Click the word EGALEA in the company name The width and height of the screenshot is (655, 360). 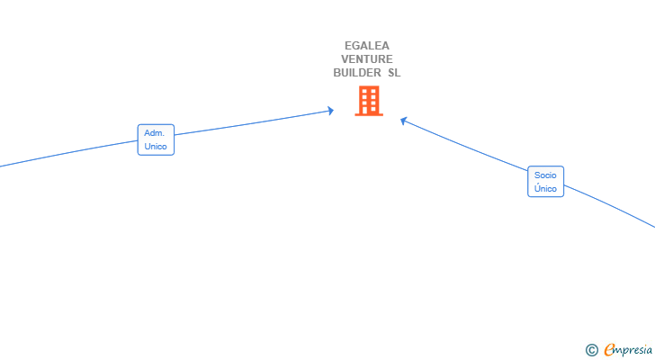tap(367, 46)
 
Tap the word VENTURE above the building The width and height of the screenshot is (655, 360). tap(367, 59)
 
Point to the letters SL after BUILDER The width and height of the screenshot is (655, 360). tap(394, 73)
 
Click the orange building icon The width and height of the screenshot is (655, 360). tap(369, 101)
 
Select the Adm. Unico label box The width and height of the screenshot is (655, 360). tap(156, 139)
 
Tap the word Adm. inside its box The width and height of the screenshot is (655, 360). tap(154, 133)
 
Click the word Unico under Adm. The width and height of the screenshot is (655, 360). tap(156, 146)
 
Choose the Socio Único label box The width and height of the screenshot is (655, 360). tap(545, 182)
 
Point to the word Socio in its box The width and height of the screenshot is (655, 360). tap(545, 175)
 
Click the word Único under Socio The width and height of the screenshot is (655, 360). tap(545, 189)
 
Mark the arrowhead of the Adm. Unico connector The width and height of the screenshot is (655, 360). tap(330, 111)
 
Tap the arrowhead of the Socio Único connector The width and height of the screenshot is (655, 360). tap(404, 120)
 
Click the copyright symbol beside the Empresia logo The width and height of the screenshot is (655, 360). tap(591, 350)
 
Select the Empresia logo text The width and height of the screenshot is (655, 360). tap(628, 350)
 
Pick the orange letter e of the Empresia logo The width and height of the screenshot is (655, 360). tap(609, 350)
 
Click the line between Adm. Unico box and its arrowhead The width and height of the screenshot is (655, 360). tap(252, 123)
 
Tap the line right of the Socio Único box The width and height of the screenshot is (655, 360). tap(612, 209)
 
